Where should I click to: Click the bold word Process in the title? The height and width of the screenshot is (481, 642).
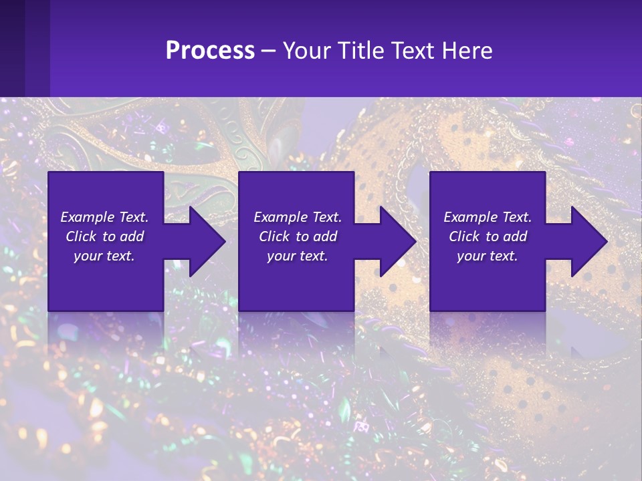[210, 51]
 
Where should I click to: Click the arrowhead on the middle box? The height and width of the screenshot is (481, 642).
[395, 241]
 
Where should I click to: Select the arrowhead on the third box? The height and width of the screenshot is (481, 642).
[586, 241]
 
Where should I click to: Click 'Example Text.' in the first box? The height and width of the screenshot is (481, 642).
[104, 217]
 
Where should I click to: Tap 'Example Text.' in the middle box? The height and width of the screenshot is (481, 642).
[298, 217]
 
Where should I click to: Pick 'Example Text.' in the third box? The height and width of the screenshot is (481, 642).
[488, 217]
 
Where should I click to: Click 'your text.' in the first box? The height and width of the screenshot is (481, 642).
[104, 256]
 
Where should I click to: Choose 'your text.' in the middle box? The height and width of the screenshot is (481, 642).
[298, 256]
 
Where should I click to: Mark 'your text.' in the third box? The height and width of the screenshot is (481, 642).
[488, 256]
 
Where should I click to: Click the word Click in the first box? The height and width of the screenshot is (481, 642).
[81, 236]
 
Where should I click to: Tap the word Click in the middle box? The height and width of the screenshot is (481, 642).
[274, 236]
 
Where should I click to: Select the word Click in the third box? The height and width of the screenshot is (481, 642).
[464, 236]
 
